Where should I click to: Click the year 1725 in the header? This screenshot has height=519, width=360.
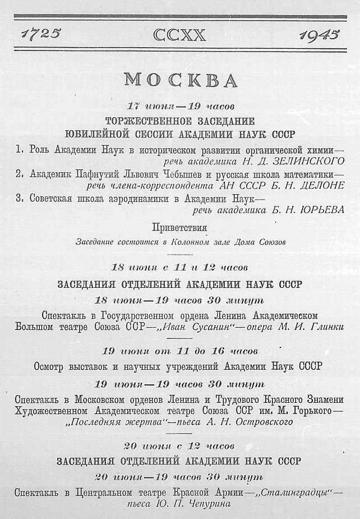(x=41, y=34)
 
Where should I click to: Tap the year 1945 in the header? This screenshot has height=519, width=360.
(x=319, y=35)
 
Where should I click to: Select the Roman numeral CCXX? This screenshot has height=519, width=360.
(x=179, y=35)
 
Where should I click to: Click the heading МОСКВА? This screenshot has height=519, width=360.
(x=180, y=80)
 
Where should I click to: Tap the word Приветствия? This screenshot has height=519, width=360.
(x=179, y=227)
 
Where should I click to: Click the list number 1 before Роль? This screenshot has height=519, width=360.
(x=19, y=150)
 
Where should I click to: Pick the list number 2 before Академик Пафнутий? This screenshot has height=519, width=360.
(x=19, y=174)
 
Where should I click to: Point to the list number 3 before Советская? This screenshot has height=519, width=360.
(x=19, y=198)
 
